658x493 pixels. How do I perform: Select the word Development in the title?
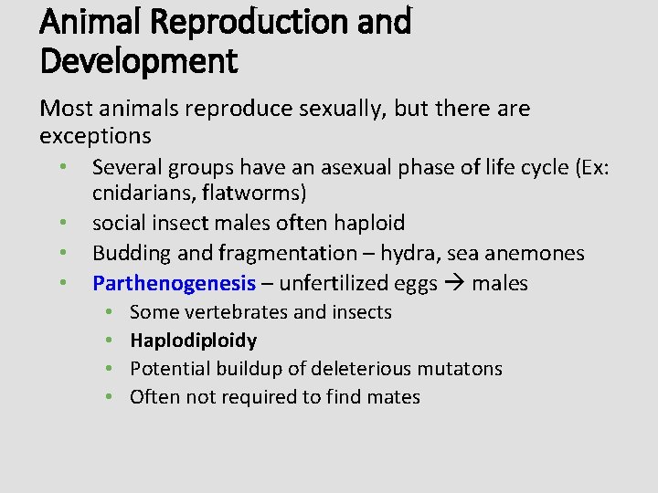[x=138, y=61]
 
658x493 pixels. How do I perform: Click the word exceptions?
[x=95, y=137]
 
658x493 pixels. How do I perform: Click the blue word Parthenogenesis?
[x=175, y=283]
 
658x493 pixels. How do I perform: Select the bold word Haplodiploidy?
[x=193, y=341]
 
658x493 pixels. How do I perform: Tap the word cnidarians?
[x=138, y=194]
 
